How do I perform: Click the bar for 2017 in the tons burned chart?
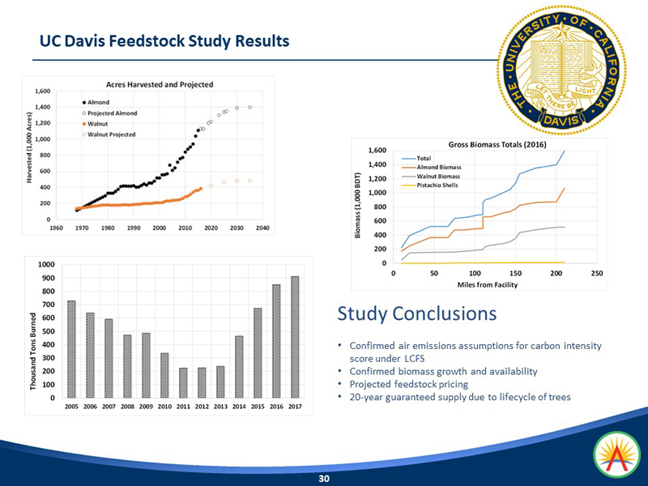point(294,337)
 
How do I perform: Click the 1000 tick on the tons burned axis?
point(45,265)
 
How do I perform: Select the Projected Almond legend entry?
point(108,113)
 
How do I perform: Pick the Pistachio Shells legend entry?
point(439,185)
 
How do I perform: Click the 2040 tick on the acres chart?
point(262,228)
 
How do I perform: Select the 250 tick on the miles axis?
point(597,272)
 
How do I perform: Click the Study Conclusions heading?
point(417,313)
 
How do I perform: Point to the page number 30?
point(324,479)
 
